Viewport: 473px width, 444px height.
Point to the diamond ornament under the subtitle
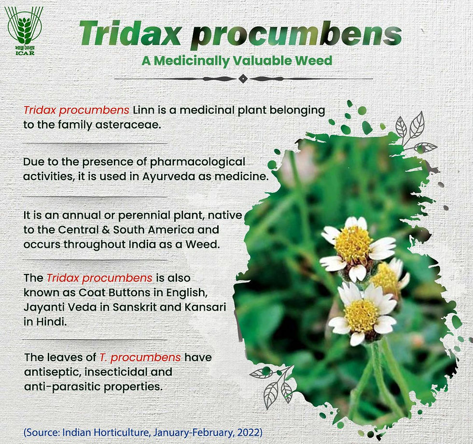click(243, 78)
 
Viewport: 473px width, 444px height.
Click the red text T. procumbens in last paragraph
click(140, 358)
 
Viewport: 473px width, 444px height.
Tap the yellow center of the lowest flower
click(361, 315)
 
